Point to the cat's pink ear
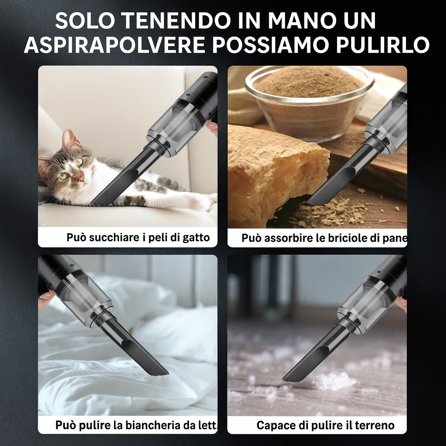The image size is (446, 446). point(68,139)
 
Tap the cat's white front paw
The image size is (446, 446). point(205,201)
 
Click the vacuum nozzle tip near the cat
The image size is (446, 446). point(97,201)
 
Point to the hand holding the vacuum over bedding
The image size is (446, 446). point(46,299)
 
